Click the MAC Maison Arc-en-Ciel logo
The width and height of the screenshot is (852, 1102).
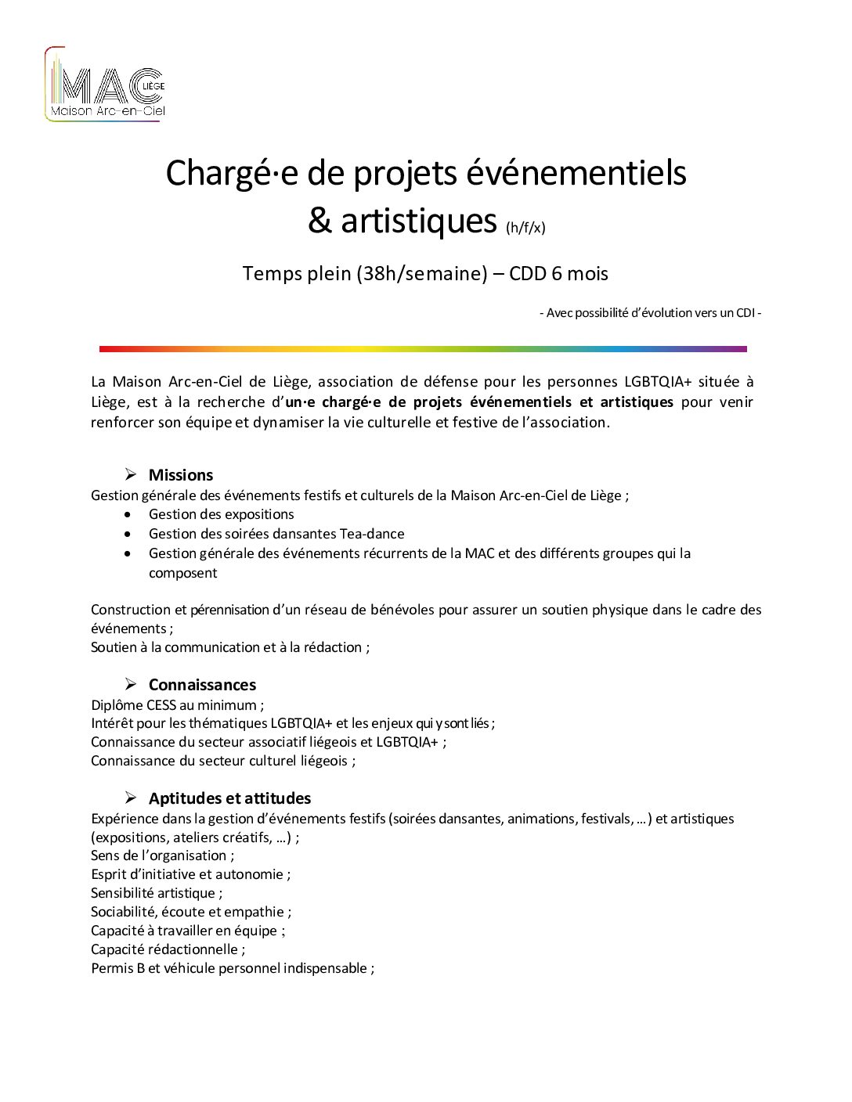(x=105, y=85)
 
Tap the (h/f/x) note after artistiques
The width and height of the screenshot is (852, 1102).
(x=525, y=228)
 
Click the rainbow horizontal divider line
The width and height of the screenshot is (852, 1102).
(x=423, y=349)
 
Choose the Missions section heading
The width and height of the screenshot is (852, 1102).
(x=181, y=475)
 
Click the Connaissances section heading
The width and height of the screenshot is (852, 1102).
(x=202, y=685)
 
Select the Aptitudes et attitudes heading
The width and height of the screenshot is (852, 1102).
(x=229, y=798)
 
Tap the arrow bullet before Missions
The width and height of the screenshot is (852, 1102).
(x=131, y=474)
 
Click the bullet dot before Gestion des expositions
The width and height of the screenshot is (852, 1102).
(x=128, y=514)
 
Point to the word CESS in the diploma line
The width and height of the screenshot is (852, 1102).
(x=161, y=705)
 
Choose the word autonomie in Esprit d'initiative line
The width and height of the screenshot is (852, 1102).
(x=249, y=874)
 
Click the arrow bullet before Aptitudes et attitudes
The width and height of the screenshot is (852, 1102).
(x=131, y=798)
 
